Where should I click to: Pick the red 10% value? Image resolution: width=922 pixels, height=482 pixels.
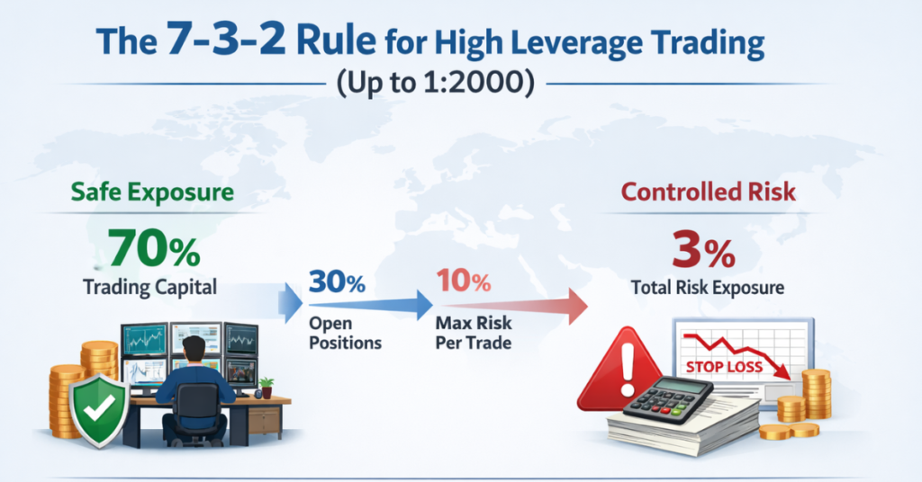[463, 284]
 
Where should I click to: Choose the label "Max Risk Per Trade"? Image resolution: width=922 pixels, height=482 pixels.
[475, 333]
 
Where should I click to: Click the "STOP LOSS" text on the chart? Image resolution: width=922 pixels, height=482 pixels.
[724, 366]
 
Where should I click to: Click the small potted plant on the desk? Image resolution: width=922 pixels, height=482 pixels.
[265, 388]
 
